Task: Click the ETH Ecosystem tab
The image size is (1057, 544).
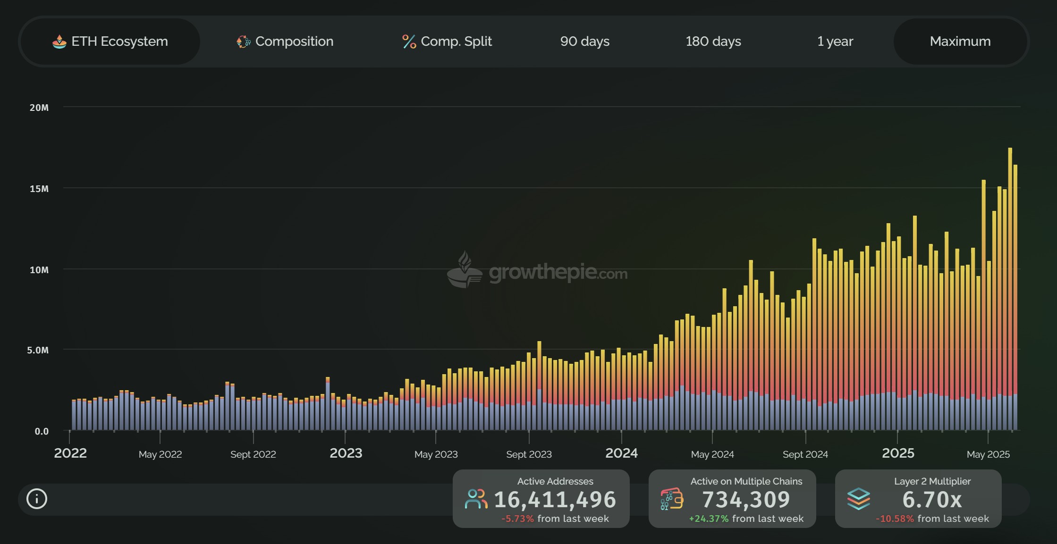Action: pyautogui.click(x=110, y=42)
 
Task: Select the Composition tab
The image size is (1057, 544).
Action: pyautogui.click(x=285, y=42)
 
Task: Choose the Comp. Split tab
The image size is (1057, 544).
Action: pyautogui.click(x=447, y=42)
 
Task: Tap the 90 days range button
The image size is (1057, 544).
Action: pyautogui.click(x=584, y=42)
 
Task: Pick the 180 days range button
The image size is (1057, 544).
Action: pyautogui.click(x=713, y=42)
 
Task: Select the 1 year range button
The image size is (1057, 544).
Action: pyautogui.click(x=835, y=42)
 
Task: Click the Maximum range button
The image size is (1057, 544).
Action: pyautogui.click(x=960, y=42)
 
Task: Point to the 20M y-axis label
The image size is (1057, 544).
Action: pyautogui.click(x=39, y=108)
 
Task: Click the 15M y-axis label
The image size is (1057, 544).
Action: pyautogui.click(x=39, y=189)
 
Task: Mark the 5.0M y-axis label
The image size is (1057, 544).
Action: pyautogui.click(x=38, y=350)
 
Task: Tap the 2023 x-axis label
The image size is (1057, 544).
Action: pyautogui.click(x=346, y=453)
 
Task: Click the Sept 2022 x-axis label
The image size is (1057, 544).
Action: pyautogui.click(x=253, y=454)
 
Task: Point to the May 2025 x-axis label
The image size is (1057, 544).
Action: pyautogui.click(x=988, y=454)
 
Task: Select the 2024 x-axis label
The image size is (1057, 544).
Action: pyautogui.click(x=621, y=453)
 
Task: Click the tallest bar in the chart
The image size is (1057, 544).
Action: pyautogui.click(x=1010, y=283)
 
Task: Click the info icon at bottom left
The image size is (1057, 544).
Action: pyautogui.click(x=37, y=499)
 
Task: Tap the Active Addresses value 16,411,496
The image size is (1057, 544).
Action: pyautogui.click(x=555, y=500)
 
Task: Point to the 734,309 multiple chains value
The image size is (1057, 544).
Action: pyautogui.click(x=746, y=500)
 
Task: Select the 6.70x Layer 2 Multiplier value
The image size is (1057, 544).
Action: pyautogui.click(x=932, y=500)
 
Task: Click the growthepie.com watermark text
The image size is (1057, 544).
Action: pyautogui.click(x=558, y=273)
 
